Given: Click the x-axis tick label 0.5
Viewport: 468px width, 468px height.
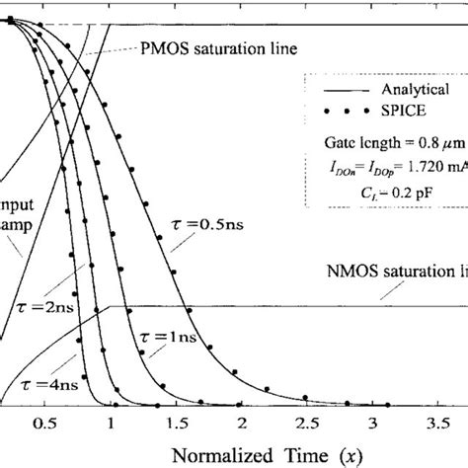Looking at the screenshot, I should tap(43, 424).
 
